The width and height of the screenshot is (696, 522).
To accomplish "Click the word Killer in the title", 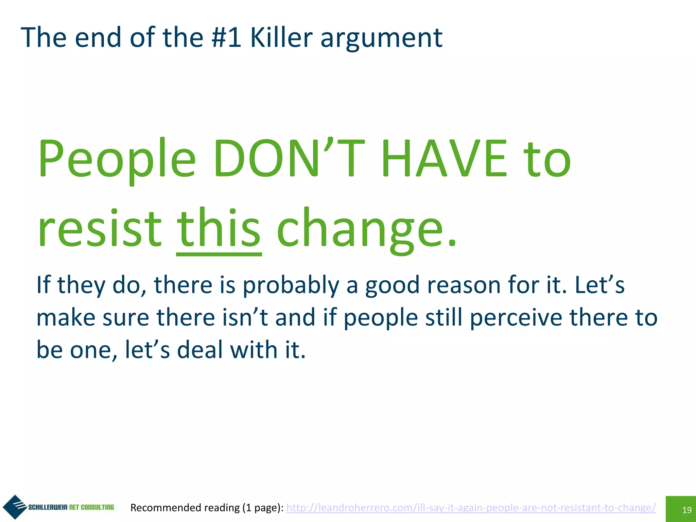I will coord(281,37).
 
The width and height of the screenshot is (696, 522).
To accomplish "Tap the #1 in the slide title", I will coord(226,37).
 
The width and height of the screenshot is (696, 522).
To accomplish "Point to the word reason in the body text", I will coord(464,285).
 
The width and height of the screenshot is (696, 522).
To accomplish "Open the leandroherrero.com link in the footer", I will coord(471,507).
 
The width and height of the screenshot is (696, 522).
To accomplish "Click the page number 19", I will coord(687,510).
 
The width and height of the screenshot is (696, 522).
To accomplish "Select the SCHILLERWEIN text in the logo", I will coord(48,507).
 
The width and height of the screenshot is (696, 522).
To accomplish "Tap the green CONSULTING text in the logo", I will coord(97,507).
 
